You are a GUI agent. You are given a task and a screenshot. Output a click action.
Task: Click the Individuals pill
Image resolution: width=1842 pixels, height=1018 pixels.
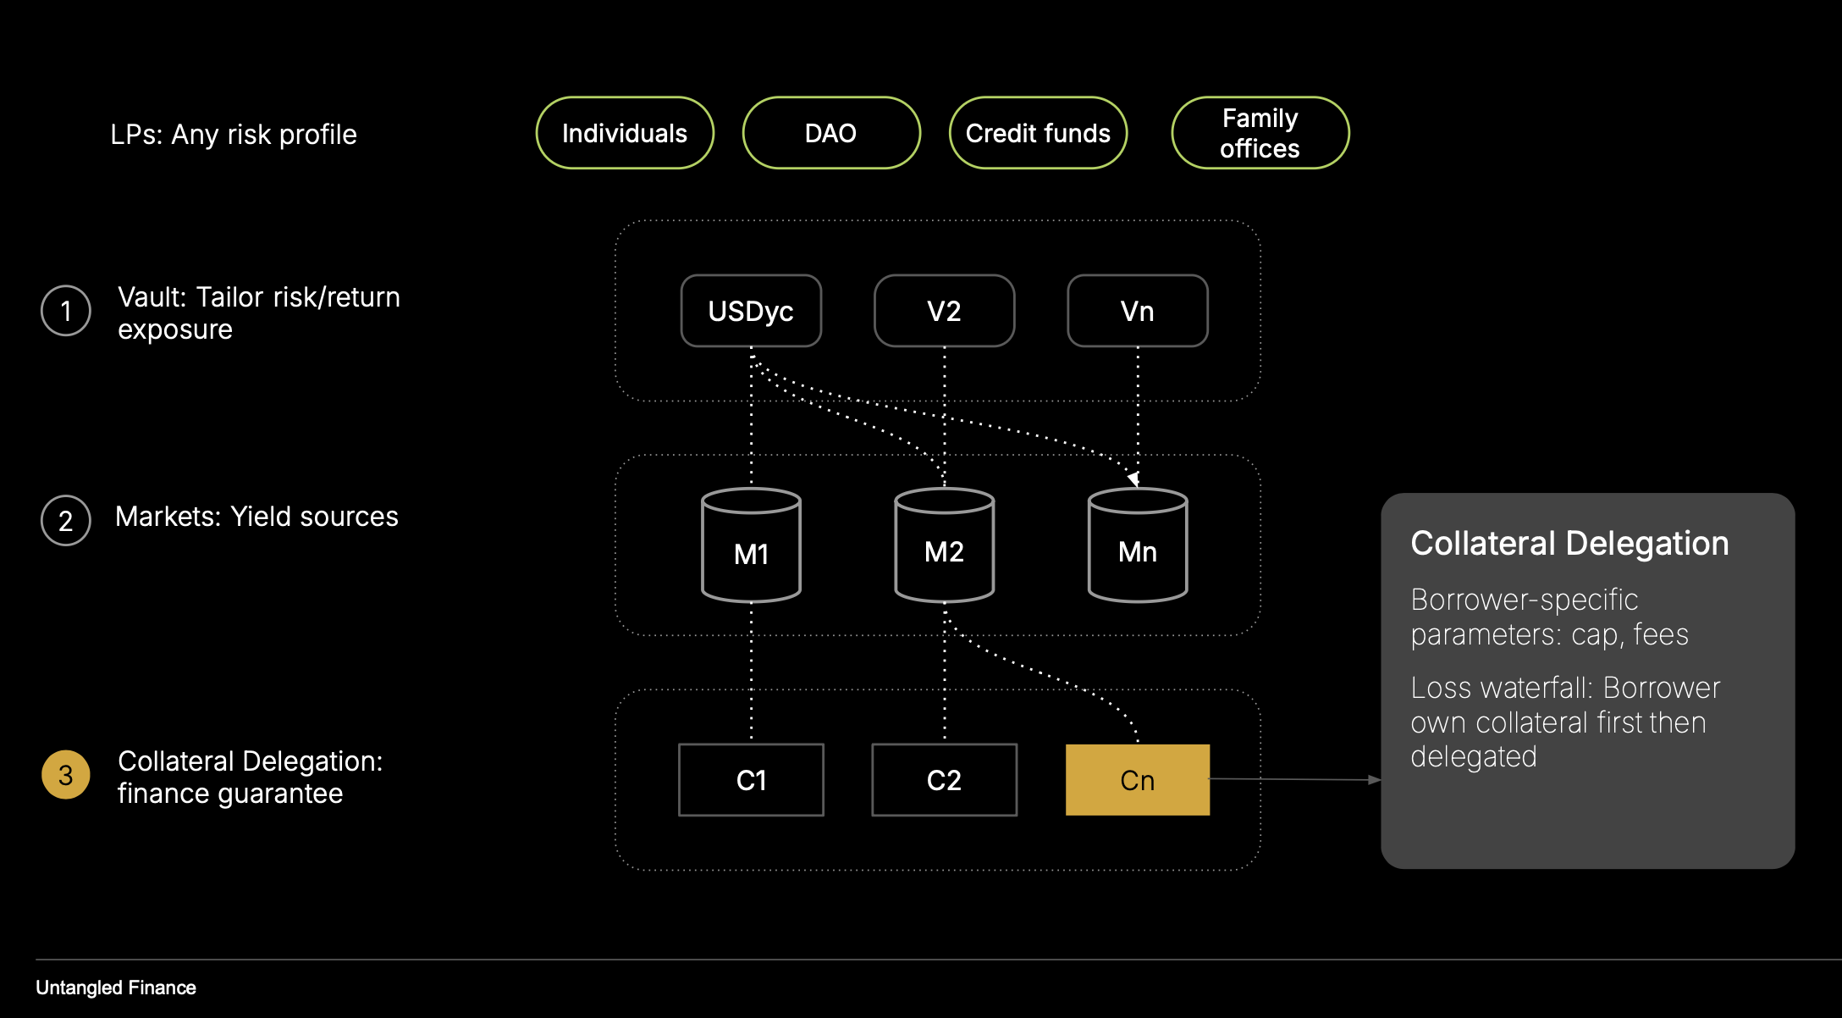click(625, 133)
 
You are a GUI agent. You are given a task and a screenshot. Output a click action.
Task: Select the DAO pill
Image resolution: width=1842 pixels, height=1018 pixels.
click(830, 133)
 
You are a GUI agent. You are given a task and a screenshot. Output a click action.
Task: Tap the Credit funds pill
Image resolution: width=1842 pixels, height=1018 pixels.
click(1038, 133)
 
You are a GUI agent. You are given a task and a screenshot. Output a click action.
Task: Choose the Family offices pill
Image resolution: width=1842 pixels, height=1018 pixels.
click(1260, 133)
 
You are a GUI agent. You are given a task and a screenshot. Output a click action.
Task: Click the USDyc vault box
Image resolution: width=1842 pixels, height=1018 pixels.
click(751, 311)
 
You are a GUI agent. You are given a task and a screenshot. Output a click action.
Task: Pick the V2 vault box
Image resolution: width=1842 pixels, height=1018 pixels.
click(944, 311)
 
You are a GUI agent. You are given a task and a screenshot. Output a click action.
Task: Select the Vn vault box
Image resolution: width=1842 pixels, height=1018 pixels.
click(1137, 311)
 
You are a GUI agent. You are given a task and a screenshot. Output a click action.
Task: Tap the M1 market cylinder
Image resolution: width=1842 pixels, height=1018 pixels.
click(751, 546)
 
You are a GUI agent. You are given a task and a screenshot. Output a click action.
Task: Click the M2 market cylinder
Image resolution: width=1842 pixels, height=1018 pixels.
click(944, 546)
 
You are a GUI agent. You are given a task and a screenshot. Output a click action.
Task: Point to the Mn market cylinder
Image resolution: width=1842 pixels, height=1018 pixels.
click(1137, 546)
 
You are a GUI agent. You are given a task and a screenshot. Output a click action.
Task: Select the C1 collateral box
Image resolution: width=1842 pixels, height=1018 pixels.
click(751, 780)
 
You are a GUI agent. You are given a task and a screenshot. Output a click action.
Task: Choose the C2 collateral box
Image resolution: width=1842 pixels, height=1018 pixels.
click(944, 780)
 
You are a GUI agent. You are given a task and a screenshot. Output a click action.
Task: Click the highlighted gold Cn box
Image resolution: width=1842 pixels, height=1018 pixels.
click(1137, 780)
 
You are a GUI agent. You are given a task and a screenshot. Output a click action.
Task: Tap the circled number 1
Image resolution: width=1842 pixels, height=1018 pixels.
click(66, 311)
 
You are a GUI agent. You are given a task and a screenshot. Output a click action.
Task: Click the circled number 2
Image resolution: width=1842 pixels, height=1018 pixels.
click(66, 520)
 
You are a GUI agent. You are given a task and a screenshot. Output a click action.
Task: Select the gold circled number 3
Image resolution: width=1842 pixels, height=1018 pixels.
click(66, 774)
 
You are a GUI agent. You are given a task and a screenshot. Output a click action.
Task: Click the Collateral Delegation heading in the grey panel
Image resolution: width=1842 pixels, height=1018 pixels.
click(1569, 543)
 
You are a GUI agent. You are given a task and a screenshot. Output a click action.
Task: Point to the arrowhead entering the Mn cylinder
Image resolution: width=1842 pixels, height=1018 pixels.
click(1133, 479)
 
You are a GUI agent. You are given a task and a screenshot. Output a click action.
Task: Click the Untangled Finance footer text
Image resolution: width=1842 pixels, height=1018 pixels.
click(116, 988)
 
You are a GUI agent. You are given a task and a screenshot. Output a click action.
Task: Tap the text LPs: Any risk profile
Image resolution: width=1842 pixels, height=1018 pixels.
click(234, 135)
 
